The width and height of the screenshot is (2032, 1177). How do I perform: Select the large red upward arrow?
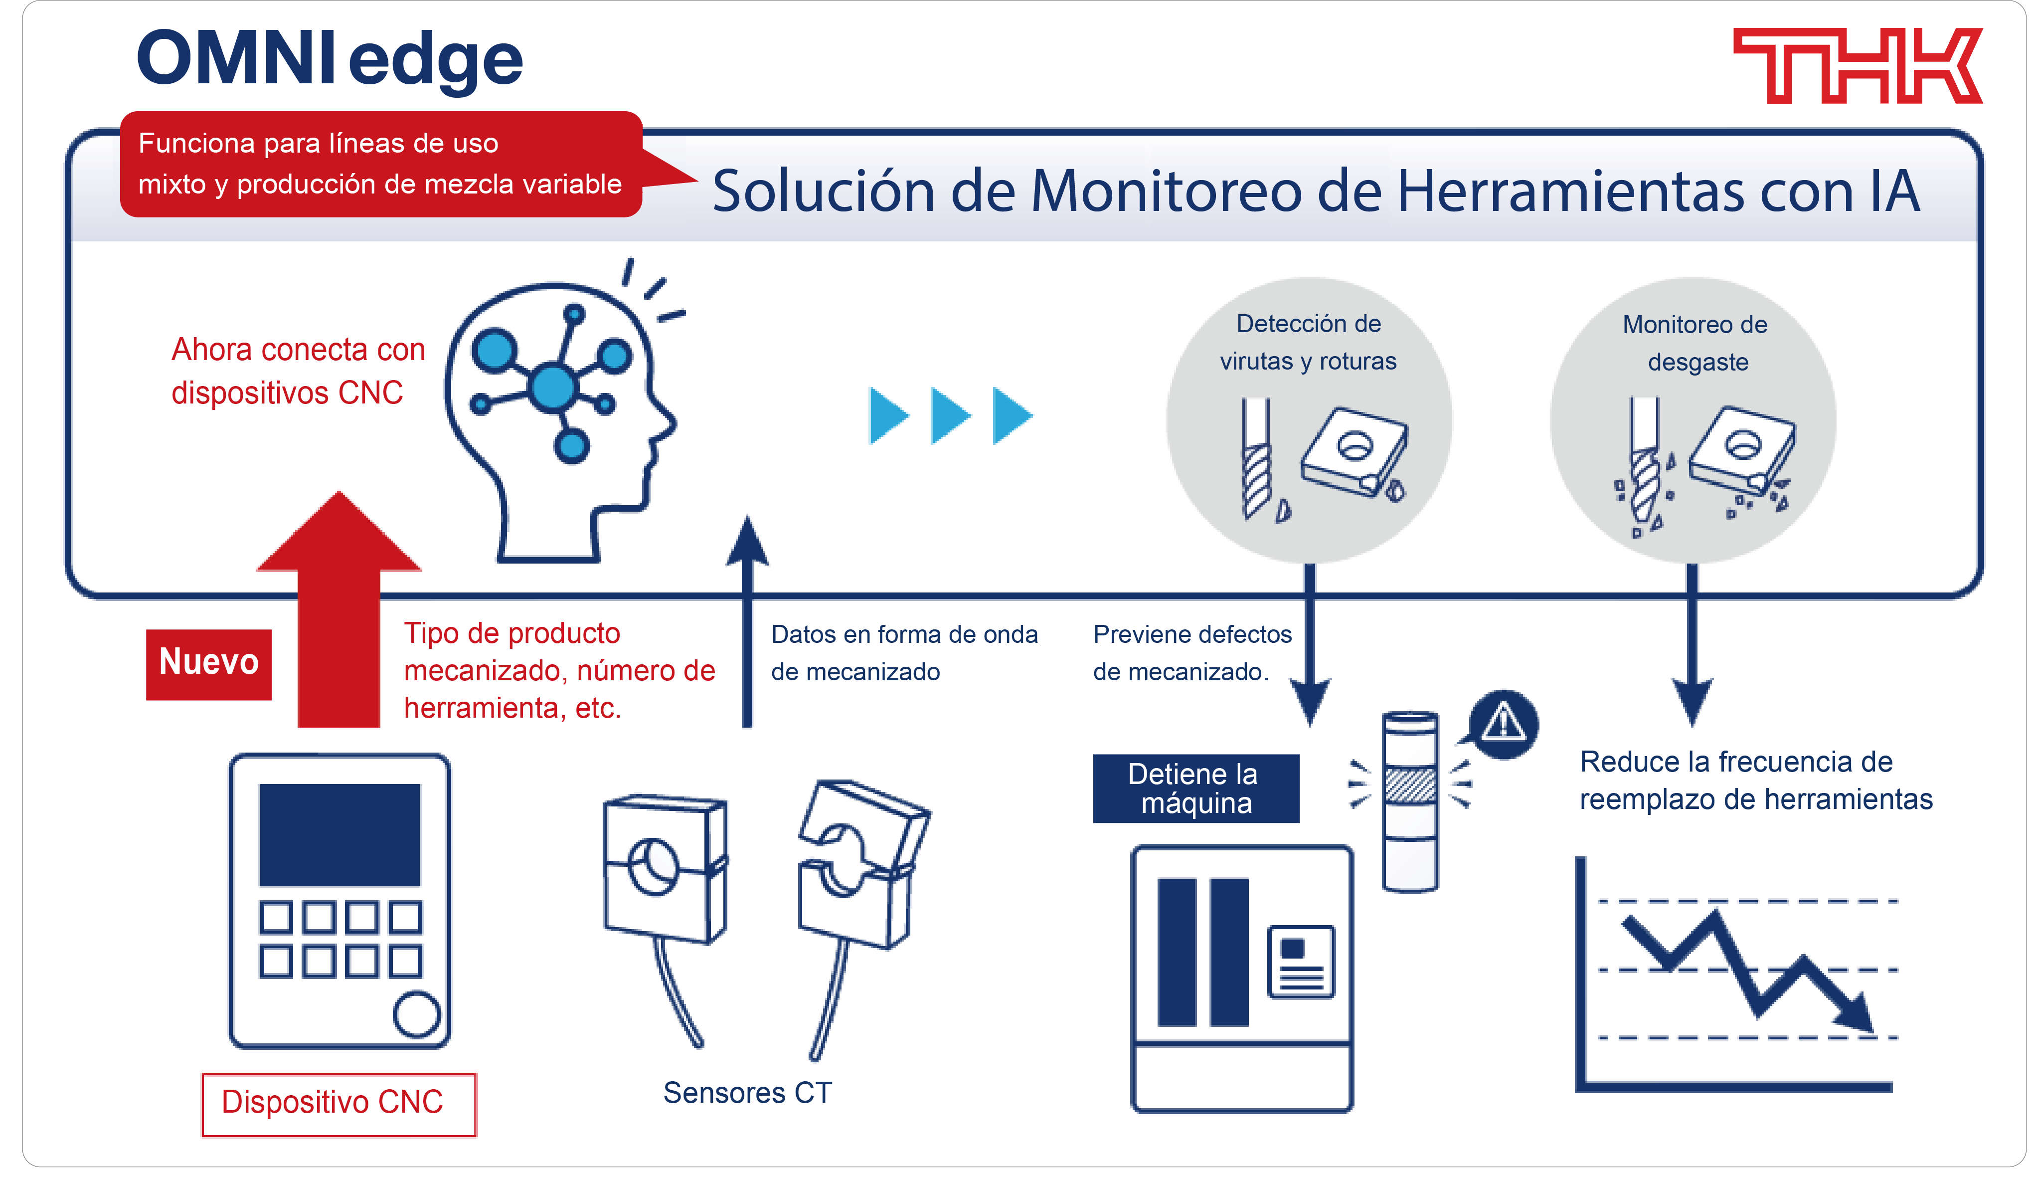(339, 613)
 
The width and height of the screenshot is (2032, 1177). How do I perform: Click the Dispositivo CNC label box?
(338, 1103)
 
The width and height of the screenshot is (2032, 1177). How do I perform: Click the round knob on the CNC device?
(416, 1014)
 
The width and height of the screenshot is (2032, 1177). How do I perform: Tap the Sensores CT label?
(747, 1092)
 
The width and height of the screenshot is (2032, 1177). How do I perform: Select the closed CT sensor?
(664, 868)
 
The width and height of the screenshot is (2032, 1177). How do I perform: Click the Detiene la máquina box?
(1195, 788)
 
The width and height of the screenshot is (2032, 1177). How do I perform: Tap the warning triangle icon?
(1503, 723)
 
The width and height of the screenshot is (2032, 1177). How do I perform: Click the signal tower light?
(1409, 800)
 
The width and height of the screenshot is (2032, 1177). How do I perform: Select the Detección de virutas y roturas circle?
(1308, 419)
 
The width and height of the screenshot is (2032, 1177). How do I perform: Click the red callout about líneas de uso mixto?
(380, 164)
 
